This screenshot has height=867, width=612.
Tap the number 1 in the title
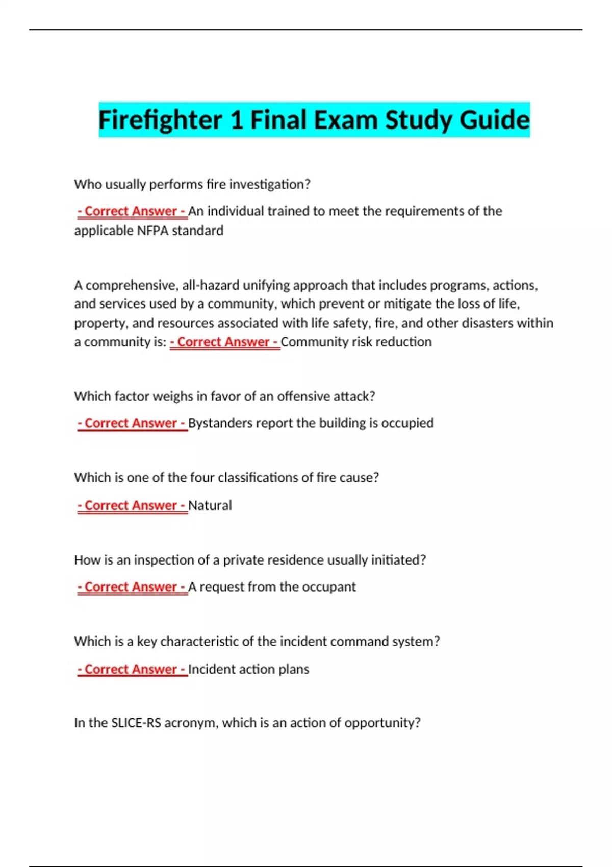pos(236,120)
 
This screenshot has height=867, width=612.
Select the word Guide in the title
pos(494,120)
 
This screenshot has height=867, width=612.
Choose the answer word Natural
pos(210,505)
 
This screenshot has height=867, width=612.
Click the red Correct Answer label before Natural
pos(132,505)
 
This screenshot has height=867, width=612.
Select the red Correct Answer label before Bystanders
pos(132,423)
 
